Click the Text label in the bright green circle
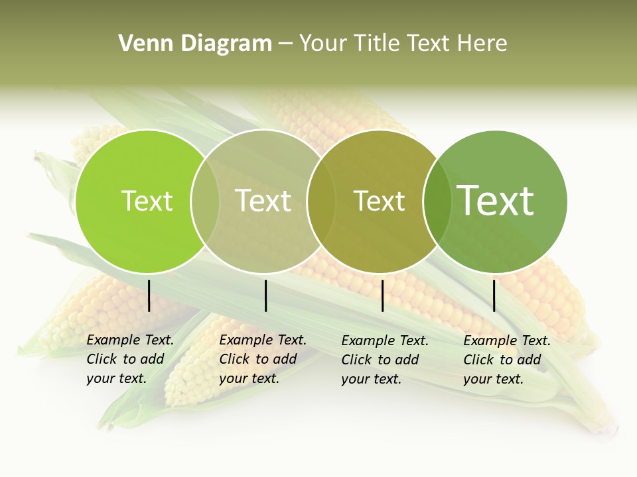point(147,201)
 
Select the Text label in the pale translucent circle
point(263,201)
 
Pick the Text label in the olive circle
point(379,201)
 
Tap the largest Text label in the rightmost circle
point(496,200)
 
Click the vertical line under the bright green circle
point(149,295)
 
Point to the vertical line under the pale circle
point(265,295)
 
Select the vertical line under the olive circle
point(382,295)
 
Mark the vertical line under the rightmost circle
point(494,295)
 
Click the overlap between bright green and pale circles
point(205,201)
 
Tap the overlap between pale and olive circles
point(321,201)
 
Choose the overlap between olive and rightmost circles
point(437,201)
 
